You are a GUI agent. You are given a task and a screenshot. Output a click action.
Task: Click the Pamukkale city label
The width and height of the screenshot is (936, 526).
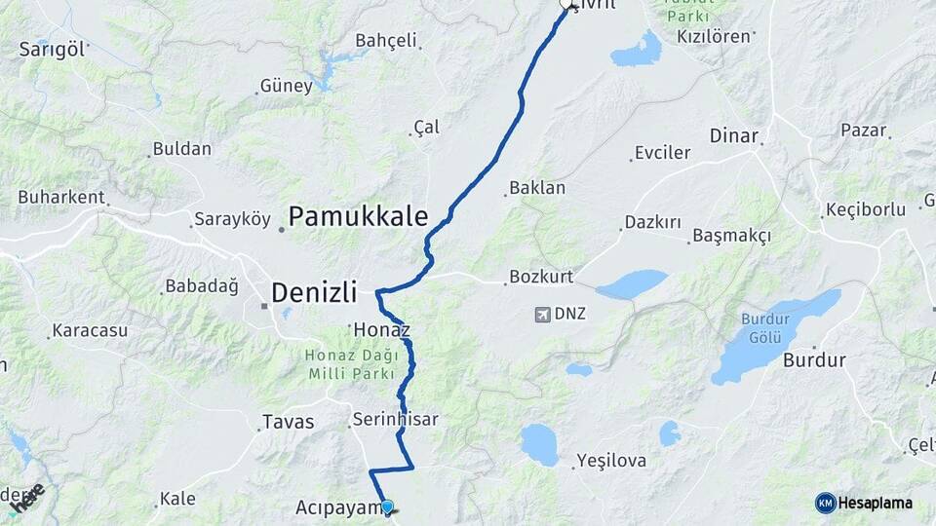(x=359, y=216)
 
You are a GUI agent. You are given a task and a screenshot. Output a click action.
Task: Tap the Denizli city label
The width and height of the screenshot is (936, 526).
(x=314, y=291)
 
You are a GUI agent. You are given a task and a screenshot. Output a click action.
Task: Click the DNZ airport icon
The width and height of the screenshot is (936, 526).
(x=542, y=314)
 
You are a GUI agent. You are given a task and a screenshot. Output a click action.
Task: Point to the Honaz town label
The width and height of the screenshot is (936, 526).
(x=374, y=329)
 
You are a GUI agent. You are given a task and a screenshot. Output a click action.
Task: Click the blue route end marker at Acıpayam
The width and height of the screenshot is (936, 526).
(x=388, y=507)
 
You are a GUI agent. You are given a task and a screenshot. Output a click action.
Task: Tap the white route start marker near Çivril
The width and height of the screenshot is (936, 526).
(x=566, y=5)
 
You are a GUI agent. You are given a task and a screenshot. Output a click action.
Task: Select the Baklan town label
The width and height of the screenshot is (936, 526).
(x=537, y=188)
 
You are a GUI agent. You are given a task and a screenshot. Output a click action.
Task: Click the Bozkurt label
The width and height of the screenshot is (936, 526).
(x=540, y=278)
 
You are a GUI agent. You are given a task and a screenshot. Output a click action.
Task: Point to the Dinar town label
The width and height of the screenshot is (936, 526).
(x=734, y=135)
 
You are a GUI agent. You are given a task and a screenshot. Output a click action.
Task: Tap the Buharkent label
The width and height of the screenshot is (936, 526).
(x=60, y=197)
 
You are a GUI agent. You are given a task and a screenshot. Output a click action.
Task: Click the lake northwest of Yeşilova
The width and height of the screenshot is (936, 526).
(x=538, y=443)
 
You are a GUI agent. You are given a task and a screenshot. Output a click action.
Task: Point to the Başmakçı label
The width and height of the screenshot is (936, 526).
(x=731, y=236)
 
